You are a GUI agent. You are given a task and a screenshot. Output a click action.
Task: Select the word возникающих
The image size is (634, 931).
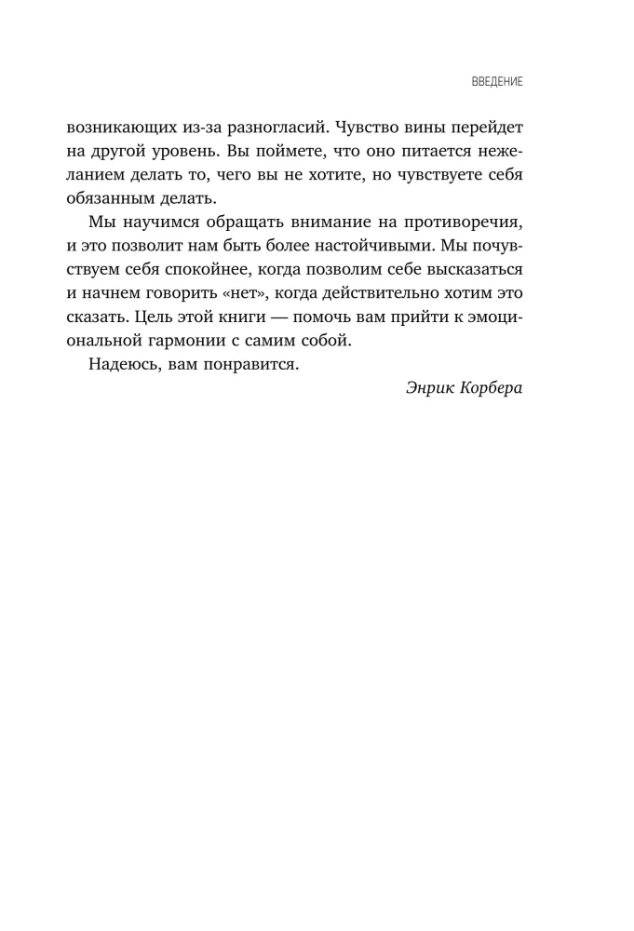click(x=162, y=126)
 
